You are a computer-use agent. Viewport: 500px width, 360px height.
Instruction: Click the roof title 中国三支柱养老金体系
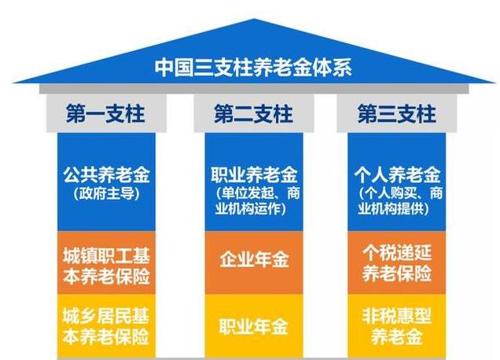click(253, 68)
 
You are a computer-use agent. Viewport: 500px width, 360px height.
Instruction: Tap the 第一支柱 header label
click(105, 114)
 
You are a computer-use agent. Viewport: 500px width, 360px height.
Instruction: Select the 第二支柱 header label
click(253, 114)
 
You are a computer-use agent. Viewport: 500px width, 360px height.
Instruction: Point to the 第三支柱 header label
click(396, 114)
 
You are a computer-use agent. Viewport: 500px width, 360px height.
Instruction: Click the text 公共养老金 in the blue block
click(106, 174)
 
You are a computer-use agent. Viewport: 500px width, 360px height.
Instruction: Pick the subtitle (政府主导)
click(106, 193)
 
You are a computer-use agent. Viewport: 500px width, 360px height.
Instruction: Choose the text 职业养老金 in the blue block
click(254, 174)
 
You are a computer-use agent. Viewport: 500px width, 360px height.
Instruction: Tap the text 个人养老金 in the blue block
click(397, 174)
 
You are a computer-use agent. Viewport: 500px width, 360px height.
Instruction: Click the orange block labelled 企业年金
click(254, 263)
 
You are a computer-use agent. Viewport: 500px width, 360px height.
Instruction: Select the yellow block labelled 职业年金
click(254, 326)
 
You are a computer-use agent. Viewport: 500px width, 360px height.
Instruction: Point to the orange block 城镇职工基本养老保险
click(106, 263)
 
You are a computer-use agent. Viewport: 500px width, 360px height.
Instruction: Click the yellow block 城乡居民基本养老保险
click(106, 326)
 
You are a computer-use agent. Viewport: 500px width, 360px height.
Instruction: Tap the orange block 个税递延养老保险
click(397, 263)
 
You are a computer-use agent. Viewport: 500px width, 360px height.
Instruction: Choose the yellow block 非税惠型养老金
click(397, 326)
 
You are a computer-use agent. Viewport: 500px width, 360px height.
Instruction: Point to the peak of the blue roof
click(254, 19)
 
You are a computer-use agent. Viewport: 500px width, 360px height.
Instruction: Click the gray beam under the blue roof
click(254, 89)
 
